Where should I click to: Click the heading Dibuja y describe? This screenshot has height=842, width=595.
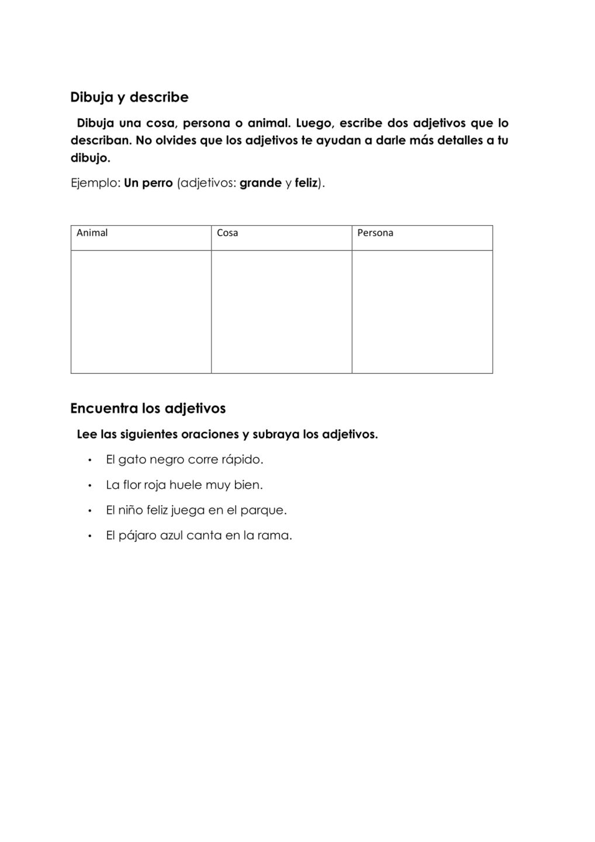129,97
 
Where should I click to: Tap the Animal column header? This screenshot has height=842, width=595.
92,233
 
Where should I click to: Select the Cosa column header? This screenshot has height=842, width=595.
227,233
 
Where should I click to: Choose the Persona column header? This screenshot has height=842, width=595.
375,233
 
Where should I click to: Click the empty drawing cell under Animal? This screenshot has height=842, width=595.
141,312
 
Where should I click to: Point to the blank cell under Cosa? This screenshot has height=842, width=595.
281,312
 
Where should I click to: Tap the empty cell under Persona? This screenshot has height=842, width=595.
422,312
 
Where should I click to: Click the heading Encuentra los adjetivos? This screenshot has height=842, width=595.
148,408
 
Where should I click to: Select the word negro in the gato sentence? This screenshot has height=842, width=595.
167,460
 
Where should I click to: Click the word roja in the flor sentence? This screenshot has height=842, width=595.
155,485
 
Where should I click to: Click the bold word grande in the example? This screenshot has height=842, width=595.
261,183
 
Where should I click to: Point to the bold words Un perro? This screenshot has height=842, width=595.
148,183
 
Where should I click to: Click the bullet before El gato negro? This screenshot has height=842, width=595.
89,460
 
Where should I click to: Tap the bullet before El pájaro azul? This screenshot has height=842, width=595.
89,536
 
